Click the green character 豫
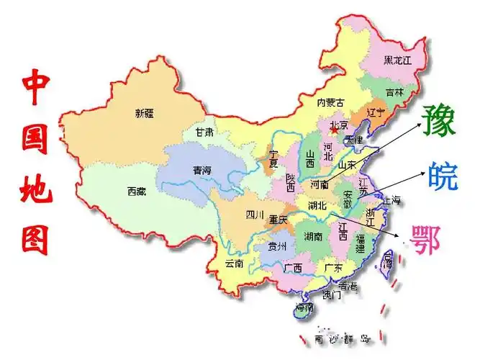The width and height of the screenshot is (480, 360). click(439, 120)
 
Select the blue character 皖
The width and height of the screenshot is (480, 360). click(442, 176)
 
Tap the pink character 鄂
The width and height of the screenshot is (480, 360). click(425, 238)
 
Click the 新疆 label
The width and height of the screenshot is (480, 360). click(145, 113)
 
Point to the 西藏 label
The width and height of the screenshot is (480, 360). click(136, 192)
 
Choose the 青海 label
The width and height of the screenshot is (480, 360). click(202, 171)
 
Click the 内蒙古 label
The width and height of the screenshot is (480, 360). click(330, 102)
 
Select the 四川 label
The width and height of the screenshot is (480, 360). click(255, 215)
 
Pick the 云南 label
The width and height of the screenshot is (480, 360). click(235, 264)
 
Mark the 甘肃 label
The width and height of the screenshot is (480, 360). click(204, 132)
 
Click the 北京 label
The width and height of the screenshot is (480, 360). click(339, 126)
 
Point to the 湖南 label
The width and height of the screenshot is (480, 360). click(312, 236)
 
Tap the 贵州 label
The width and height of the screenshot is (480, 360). click(277, 246)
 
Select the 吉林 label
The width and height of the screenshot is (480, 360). click(394, 92)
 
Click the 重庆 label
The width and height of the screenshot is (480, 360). click(279, 219)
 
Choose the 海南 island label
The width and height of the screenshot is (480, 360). click(304, 309)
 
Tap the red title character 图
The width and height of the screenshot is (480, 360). click(35, 237)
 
